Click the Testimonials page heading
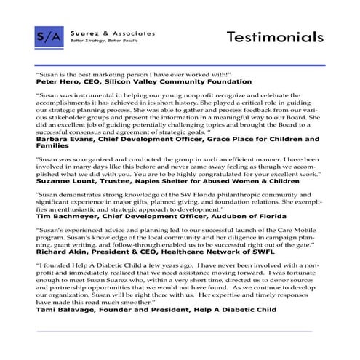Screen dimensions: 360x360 (x=274, y=36)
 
